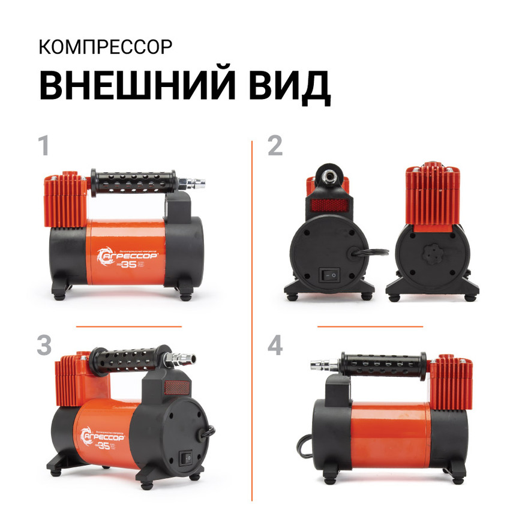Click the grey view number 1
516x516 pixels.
[44, 146]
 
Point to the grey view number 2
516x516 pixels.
[274, 146]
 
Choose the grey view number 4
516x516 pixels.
[275, 346]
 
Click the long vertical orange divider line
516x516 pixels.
[252, 318]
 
